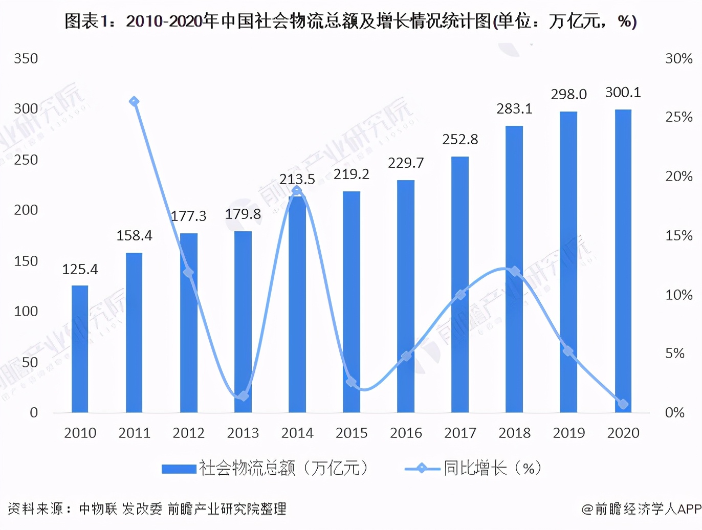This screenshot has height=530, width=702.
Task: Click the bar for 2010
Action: [80, 349]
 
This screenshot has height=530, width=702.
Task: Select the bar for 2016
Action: [406, 296]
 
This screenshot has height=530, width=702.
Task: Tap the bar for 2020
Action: [623, 261]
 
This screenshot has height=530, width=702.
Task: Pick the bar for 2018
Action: [514, 269]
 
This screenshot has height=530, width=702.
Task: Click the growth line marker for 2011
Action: [134, 102]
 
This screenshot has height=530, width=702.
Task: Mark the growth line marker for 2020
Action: [623, 404]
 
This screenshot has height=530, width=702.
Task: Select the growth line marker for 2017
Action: [460, 295]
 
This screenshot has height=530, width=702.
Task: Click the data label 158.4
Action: [134, 235]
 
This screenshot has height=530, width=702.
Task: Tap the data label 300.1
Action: [623, 93]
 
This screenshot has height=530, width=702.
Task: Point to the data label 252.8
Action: [460, 139]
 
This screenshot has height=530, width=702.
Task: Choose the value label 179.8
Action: [243, 214]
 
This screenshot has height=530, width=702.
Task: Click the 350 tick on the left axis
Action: [26, 59]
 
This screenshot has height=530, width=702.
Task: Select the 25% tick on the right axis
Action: [678, 117]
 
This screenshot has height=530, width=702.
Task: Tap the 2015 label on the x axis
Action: [352, 433]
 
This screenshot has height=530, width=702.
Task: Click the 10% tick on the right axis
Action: [678, 295]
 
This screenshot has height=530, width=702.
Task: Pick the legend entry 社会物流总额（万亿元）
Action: [265, 468]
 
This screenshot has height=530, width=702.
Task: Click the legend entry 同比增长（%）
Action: [473, 468]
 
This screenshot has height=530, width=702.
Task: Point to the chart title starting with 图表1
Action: [350, 21]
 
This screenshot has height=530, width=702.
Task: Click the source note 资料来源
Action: [147, 509]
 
